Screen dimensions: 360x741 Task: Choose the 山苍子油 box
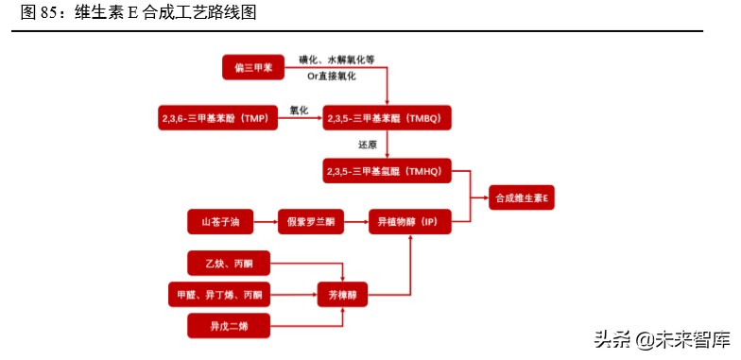(220, 223)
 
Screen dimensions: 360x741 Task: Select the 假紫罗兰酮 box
(308, 223)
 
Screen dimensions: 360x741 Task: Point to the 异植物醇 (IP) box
(407, 223)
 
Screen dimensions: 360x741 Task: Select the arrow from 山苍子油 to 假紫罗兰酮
(264, 223)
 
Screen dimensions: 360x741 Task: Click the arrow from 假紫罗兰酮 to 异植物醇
(354, 223)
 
